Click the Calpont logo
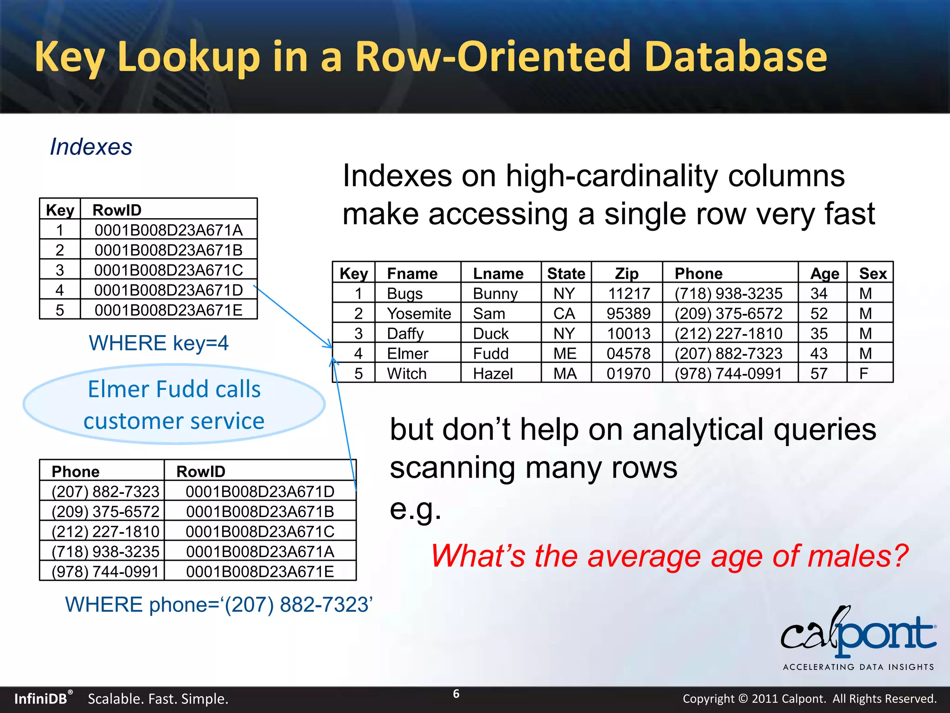click(858, 636)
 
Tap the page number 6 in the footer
click(456, 694)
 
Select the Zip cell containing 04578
click(629, 354)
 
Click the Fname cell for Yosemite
click(419, 314)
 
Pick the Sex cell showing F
click(864, 374)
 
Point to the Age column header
click(824, 274)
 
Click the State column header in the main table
click(566, 274)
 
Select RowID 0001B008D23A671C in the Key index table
click(168, 270)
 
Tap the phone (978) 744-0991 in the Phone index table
click(105, 571)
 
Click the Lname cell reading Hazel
click(493, 374)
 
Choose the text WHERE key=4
click(159, 344)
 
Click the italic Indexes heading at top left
click(91, 147)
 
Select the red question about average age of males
click(669, 556)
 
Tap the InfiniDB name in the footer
click(41, 699)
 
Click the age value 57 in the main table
click(819, 374)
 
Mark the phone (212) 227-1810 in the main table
click(728, 334)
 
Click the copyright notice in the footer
click(809, 699)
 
